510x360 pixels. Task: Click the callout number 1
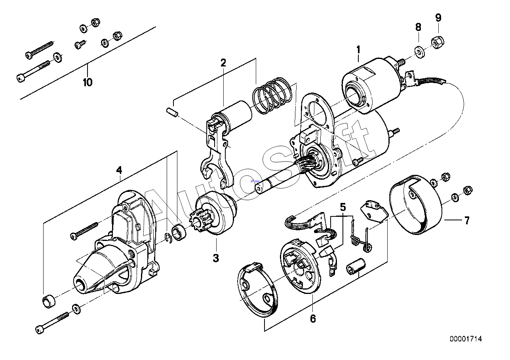pos(358,50)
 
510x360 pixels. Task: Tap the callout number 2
pos(223,63)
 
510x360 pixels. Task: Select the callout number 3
pos(216,258)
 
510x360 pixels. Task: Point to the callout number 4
pos(119,170)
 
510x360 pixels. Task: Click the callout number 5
pos(343,207)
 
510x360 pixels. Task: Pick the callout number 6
pos(313,319)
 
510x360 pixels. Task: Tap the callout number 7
pos(467,220)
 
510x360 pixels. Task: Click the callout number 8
pos(418,27)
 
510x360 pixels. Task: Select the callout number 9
pos(438,18)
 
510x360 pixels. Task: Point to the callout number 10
pos(88,82)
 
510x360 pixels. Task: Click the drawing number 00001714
pos(466,339)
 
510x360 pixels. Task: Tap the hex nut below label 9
pos(438,42)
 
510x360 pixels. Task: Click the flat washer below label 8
pos(420,52)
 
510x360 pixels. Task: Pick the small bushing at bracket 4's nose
pos(49,301)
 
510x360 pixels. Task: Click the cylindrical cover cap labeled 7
pos(415,205)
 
